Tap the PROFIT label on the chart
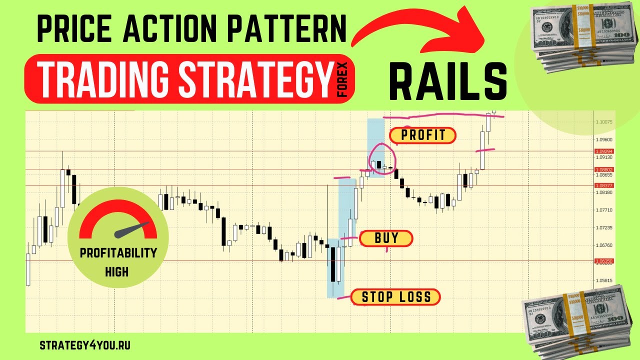pyautogui.click(x=422, y=135)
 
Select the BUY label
pyautogui.click(x=386, y=238)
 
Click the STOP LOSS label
pyautogui.click(x=396, y=297)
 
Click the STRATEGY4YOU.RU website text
pyautogui.click(x=84, y=345)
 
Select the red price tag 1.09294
pyautogui.click(x=604, y=151)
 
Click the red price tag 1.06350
pyautogui.click(x=604, y=261)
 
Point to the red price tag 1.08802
pyautogui.click(x=604, y=169)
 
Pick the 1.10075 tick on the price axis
pyautogui.click(x=604, y=121)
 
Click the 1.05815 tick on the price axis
pyautogui.click(x=604, y=280)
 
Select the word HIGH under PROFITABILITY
pyautogui.click(x=116, y=272)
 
